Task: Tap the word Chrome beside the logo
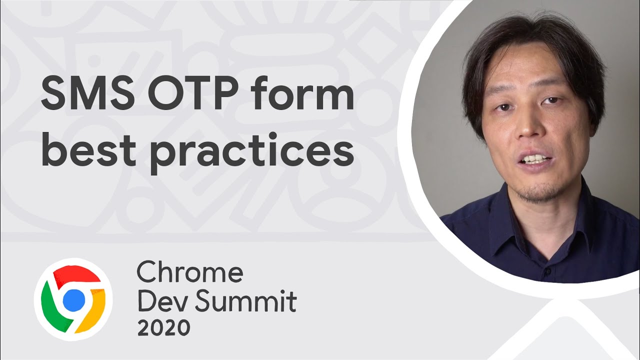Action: [x=190, y=273]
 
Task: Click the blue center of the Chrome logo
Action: [x=73, y=299]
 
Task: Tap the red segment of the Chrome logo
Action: [x=75, y=277]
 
